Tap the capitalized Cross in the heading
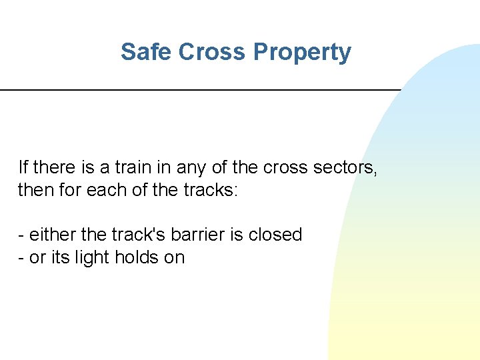tap(212, 52)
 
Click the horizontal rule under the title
tap(200, 89)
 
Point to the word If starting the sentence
tap(23, 167)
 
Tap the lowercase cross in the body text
tap(283, 167)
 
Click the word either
tap(53, 235)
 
